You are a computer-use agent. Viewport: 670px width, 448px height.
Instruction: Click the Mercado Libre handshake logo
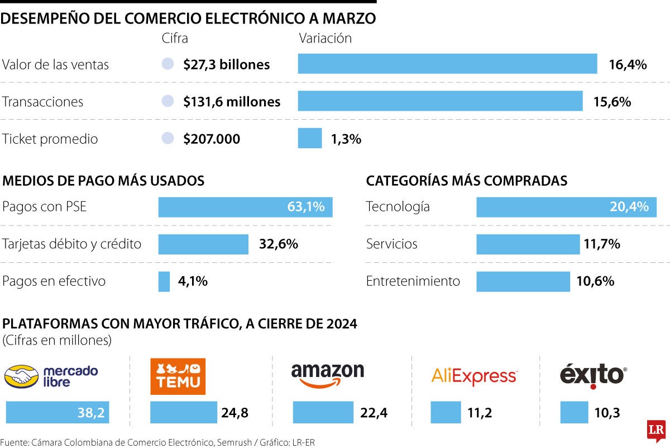(51, 376)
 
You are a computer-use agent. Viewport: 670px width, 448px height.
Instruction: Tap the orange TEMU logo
(178, 376)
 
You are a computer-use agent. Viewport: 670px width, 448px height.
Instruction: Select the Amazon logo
(328, 374)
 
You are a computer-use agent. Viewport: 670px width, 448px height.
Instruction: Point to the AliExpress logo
(475, 376)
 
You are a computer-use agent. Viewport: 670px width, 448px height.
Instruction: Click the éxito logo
(593, 375)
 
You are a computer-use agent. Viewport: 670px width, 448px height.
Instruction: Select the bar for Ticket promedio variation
(310, 138)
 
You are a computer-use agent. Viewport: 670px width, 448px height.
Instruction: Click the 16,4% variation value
(628, 64)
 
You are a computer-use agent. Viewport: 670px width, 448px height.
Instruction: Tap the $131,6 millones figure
(232, 102)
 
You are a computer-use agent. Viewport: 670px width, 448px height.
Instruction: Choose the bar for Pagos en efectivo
(164, 281)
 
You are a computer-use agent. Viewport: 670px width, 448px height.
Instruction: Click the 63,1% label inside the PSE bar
(305, 207)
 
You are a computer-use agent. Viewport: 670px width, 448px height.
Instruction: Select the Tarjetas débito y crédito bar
(203, 244)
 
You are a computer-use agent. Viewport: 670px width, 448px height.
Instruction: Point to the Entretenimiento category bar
(523, 281)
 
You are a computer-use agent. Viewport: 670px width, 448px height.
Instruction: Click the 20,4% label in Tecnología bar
(629, 207)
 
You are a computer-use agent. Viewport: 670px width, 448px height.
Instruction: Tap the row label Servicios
(391, 244)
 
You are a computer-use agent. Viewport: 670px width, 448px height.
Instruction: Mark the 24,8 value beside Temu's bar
(235, 413)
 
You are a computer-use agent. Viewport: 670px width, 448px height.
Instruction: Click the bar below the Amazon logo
(323, 413)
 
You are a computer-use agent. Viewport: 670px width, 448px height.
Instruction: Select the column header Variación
(325, 39)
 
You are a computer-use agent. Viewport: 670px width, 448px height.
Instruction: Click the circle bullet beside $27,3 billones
(167, 64)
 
